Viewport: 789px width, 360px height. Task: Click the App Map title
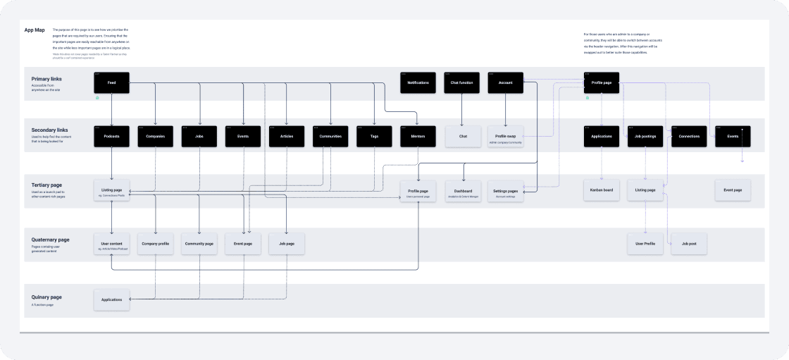click(x=35, y=30)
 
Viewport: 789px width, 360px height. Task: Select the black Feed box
click(x=111, y=83)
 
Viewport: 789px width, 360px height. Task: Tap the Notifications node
click(x=418, y=83)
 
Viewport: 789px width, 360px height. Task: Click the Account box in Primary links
click(x=505, y=83)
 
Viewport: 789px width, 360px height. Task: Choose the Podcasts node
click(x=111, y=136)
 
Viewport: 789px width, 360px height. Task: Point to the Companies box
click(x=155, y=136)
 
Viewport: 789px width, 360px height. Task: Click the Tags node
click(x=374, y=136)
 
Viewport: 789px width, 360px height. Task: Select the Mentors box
click(x=418, y=136)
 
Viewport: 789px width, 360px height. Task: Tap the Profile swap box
click(x=505, y=137)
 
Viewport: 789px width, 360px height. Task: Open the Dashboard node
click(x=463, y=191)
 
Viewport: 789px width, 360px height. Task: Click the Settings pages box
click(x=505, y=191)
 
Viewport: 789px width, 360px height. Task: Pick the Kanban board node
click(x=602, y=190)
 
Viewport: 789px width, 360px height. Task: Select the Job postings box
click(x=645, y=136)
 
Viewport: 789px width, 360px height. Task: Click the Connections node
click(x=689, y=136)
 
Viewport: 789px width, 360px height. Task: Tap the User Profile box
click(x=645, y=244)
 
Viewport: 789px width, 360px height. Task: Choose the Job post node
click(x=689, y=244)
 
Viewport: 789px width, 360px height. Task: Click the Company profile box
click(x=155, y=244)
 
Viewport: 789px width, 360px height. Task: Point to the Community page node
click(x=199, y=244)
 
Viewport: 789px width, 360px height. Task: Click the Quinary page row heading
click(x=46, y=297)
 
